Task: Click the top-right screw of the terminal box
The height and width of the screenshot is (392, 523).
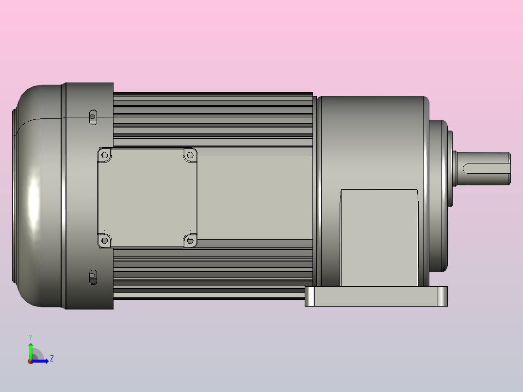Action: click(190, 155)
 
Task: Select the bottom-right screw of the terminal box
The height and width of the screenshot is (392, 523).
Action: click(190, 240)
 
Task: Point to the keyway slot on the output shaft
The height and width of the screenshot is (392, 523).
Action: click(485, 168)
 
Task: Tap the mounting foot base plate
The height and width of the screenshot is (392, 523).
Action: click(376, 296)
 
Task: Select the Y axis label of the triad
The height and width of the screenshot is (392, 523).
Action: click(30, 337)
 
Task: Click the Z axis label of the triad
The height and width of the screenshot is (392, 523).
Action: click(51, 359)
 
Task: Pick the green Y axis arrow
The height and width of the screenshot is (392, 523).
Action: click(30, 349)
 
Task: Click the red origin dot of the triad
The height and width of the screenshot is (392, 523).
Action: click(30, 361)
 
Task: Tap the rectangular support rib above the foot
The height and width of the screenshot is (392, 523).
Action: click(379, 238)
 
